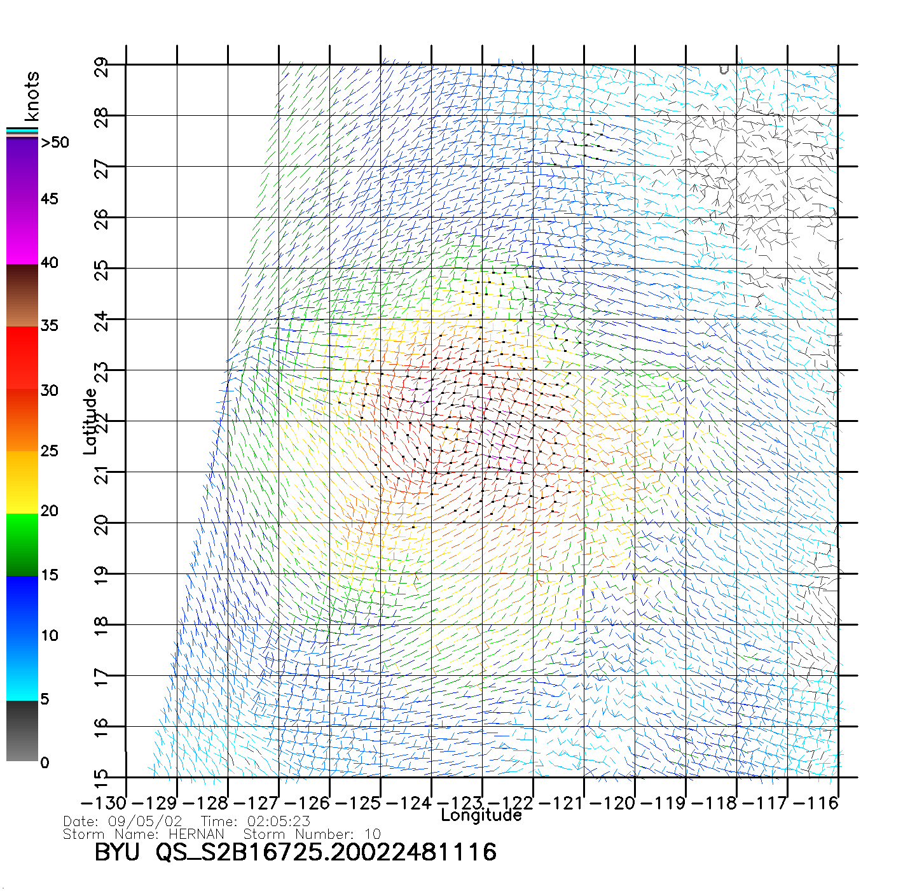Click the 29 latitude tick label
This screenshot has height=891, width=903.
pos(101,67)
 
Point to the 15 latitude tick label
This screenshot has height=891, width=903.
pos(101,777)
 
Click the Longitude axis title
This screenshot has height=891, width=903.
pos(481,815)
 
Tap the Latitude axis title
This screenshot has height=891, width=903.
pos(90,421)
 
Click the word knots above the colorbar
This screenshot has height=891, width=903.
pos(32,96)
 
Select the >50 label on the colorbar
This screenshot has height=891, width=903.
pos(55,143)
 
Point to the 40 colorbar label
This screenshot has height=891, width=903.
pos(50,263)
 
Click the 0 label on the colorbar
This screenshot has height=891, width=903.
pos(45,763)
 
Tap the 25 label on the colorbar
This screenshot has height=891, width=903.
pos(50,451)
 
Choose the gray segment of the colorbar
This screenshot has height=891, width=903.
pos(22,732)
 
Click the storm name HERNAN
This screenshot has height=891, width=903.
pos(196,834)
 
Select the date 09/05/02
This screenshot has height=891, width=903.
pos(145,822)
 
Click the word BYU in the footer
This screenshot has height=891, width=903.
pos(117,852)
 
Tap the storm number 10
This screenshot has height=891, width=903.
pos(373,834)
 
